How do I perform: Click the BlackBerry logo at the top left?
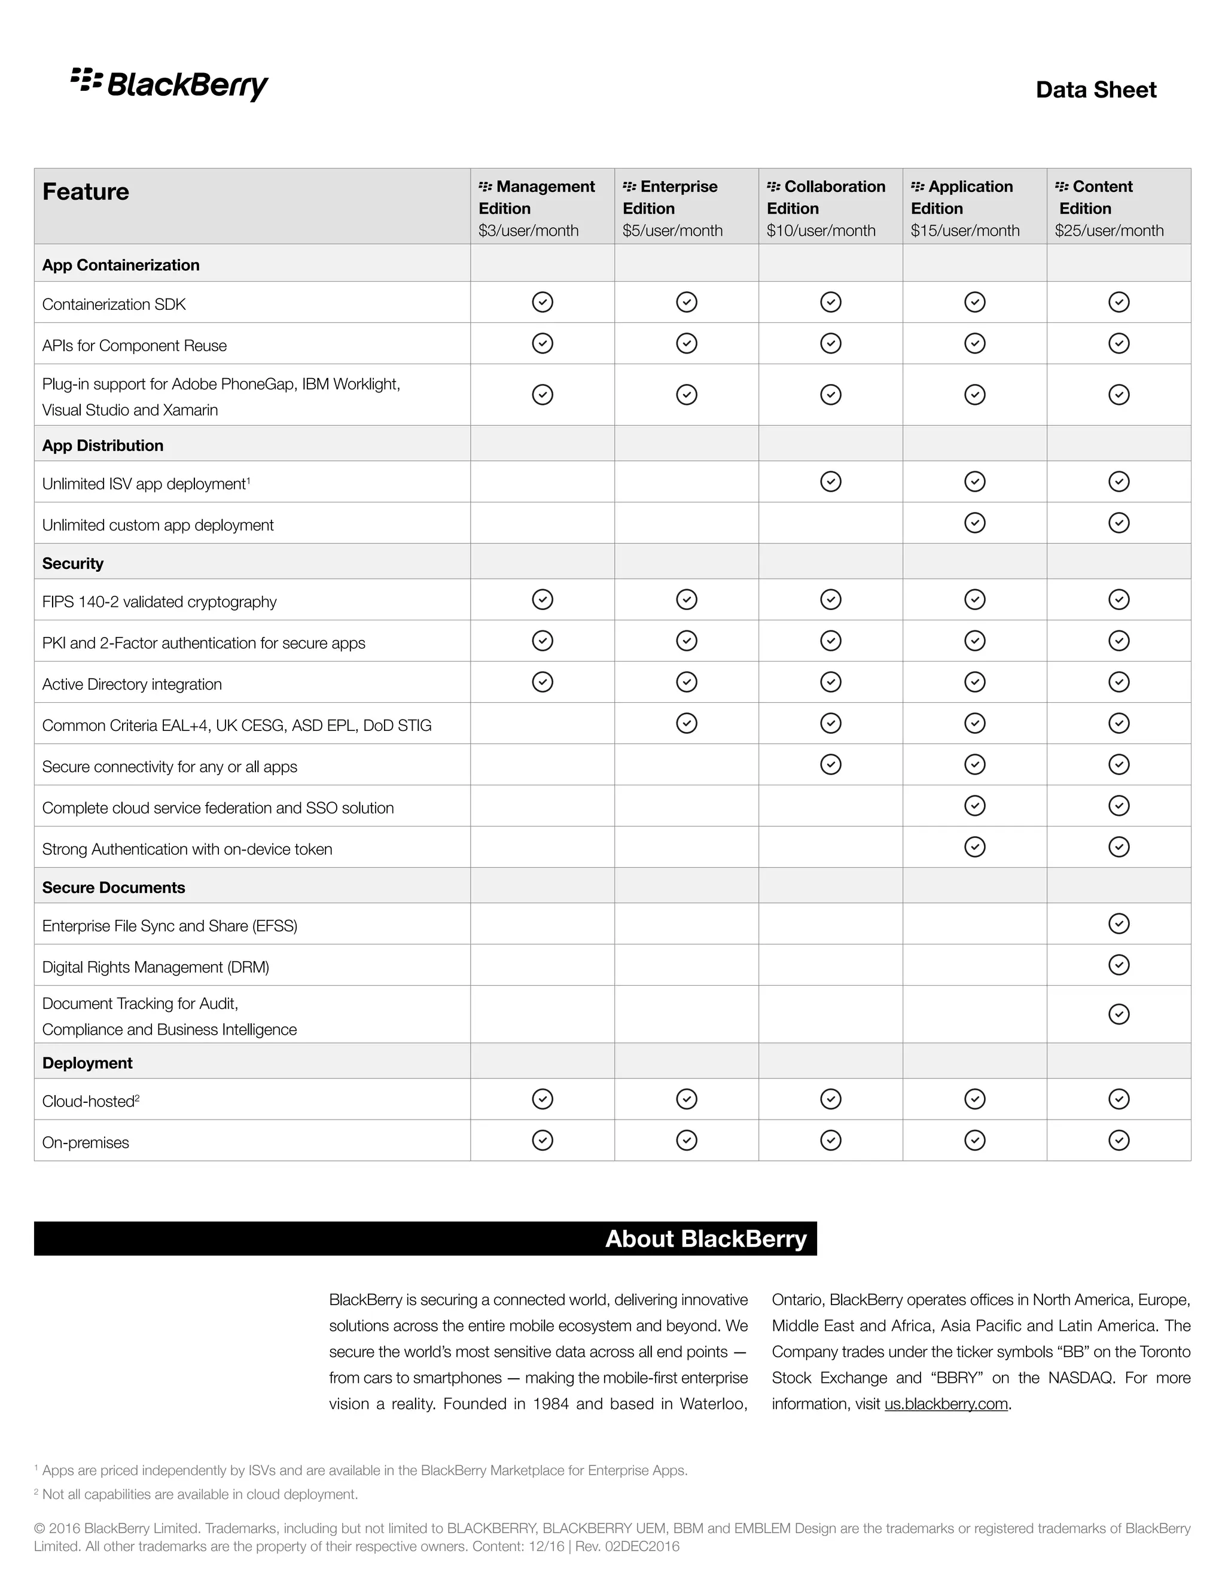click(x=169, y=84)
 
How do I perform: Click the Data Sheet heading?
click(x=1095, y=89)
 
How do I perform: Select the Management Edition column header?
click(x=537, y=197)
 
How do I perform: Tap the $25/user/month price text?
click(x=1108, y=231)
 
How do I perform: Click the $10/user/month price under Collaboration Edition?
click(x=820, y=231)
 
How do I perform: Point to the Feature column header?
click(x=86, y=191)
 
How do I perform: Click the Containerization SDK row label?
click(x=114, y=304)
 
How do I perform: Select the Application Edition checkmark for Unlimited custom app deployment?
click(x=974, y=523)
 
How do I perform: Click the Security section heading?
click(x=72, y=563)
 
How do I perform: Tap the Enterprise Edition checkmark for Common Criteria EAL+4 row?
click(x=686, y=723)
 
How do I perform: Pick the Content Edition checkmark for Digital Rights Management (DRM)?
click(x=1119, y=965)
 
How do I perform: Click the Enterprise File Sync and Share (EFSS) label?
click(x=170, y=925)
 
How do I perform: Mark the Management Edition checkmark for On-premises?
click(x=542, y=1140)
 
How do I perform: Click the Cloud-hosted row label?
click(x=90, y=1101)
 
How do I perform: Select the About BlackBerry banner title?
click(x=705, y=1238)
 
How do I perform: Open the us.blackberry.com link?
click(x=946, y=1404)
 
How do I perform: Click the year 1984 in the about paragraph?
click(x=550, y=1404)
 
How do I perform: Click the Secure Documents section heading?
click(x=113, y=887)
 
